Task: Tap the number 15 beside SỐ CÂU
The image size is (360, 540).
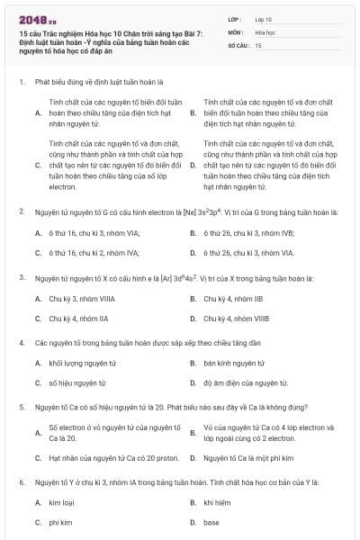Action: [258, 44]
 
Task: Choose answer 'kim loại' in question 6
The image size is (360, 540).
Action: [61, 502]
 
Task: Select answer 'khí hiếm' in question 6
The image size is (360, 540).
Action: [218, 502]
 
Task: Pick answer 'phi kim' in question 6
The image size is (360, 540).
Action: [60, 522]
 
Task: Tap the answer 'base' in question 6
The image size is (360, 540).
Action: [211, 522]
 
